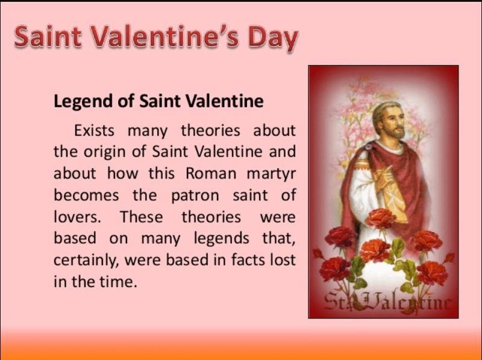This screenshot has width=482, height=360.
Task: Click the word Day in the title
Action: (x=274, y=38)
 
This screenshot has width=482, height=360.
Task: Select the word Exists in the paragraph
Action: (x=94, y=130)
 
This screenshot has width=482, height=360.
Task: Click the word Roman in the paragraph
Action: (x=211, y=173)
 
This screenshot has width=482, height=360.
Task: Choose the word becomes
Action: (x=86, y=195)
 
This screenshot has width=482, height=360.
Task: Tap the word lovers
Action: (x=77, y=216)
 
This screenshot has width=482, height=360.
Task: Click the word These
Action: (x=142, y=216)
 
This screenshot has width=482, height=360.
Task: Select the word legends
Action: (x=221, y=239)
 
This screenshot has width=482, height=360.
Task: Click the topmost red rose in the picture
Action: (x=381, y=218)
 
